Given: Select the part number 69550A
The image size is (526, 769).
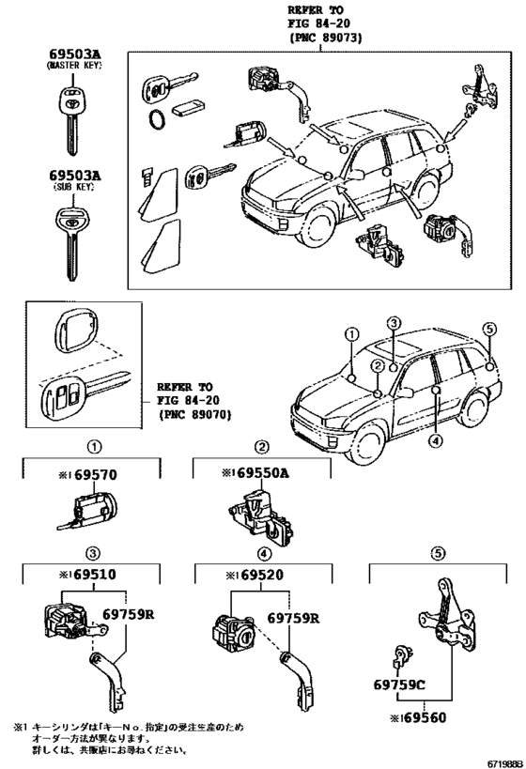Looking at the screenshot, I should (255, 475).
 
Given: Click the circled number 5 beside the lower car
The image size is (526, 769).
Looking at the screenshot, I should (487, 328).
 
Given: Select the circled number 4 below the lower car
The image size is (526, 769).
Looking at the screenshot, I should (435, 439).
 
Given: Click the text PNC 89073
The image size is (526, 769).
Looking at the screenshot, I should (326, 38).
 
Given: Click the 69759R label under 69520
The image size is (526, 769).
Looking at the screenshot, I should (294, 620).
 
